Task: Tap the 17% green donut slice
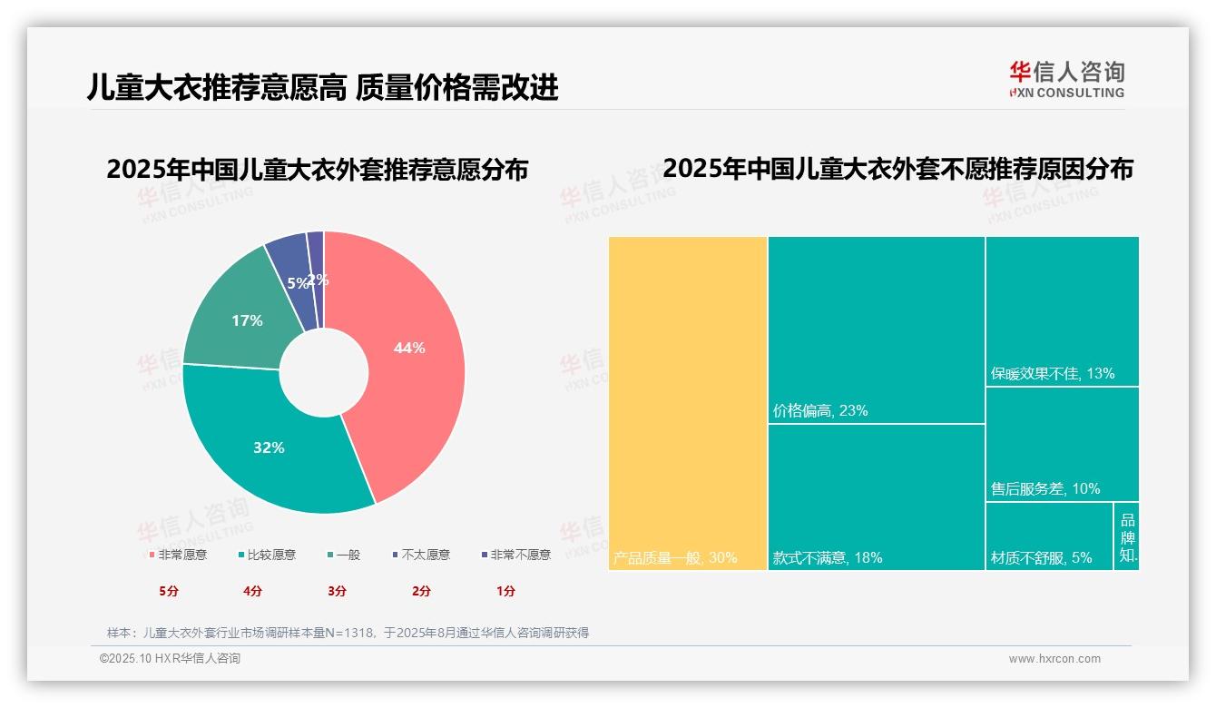[240, 318]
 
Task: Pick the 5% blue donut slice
[292, 272]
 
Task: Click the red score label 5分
[169, 591]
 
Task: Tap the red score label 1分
[505, 591]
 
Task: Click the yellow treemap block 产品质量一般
[687, 399]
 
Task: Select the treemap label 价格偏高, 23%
[820, 411]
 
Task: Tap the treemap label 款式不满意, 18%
[827, 558]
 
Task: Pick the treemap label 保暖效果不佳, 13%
[1052, 374]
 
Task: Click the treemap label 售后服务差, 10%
[1044, 489]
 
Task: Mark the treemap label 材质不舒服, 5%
[1041, 558]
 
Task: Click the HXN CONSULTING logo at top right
[1066, 80]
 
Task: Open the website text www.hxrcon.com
[1054, 659]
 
